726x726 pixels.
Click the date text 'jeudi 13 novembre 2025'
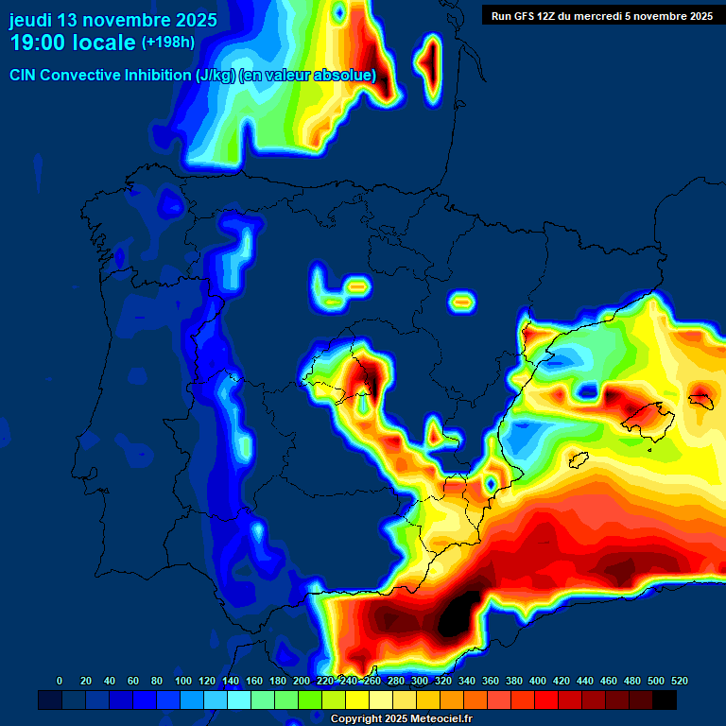point(112,20)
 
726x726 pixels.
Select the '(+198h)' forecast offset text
point(169,43)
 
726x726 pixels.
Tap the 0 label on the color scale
point(60,681)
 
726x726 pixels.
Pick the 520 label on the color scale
point(679,681)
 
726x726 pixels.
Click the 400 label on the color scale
point(537,681)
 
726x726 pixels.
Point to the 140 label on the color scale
point(230,681)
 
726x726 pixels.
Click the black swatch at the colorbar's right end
point(665,700)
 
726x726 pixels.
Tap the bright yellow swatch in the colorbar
point(357,700)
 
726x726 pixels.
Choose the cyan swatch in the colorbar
point(239,700)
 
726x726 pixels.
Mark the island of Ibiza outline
point(579,460)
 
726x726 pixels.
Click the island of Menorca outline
point(700,400)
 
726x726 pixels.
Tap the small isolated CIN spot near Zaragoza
point(461,302)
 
